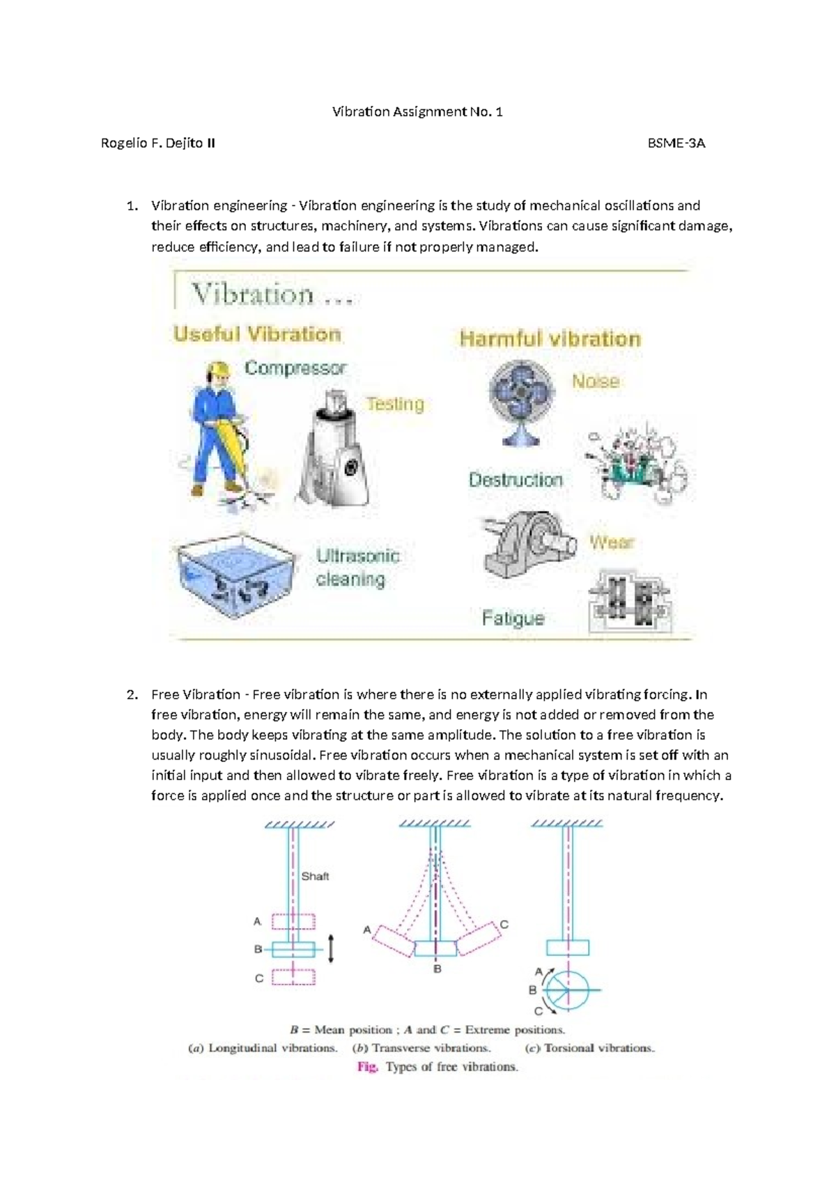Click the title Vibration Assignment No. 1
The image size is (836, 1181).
(x=417, y=111)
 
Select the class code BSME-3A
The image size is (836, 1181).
(x=676, y=143)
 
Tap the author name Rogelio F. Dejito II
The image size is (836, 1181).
(x=158, y=143)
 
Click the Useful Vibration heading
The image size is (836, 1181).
(x=257, y=334)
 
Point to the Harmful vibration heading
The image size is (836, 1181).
(x=550, y=339)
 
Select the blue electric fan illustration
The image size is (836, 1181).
(x=522, y=400)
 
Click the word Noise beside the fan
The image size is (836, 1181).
(x=595, y=382)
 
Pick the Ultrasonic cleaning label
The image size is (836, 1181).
(x=357, y=568)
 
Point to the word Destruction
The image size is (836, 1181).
(x=516, y=480)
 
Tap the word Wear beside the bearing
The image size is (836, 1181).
(x=612, y=542)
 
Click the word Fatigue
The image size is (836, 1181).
(x=513, y=618)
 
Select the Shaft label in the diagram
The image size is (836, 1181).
(x=315, y=876)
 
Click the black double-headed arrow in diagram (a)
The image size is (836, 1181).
(x=332, y=948)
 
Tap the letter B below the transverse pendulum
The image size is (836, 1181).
(x=438, y=969)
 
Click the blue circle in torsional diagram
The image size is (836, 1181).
(x=567, y=990)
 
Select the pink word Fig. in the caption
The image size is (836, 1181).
(x=367, y=1067)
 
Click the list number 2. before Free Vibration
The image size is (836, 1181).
(x=132, y=694)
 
